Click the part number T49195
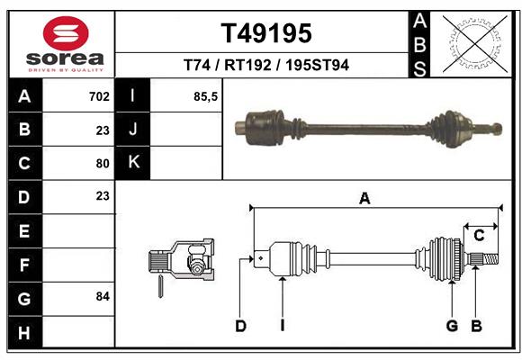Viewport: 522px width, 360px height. [x=266, y=34]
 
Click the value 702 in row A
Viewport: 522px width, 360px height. [x=99, y=96]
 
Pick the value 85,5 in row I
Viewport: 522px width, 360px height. [x=206, y=96]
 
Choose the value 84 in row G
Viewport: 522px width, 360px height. [x=102, y=296]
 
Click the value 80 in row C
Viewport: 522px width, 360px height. [x=102, y=163]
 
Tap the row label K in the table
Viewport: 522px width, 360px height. [x=133, y=162]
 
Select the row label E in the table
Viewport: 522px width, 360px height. [x=24, y=230]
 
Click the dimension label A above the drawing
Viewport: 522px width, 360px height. [x=364, y=199]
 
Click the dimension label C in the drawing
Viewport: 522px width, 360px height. [x=480, y=236]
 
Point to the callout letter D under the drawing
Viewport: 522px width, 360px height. [x=240, y=326]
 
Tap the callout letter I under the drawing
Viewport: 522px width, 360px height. [x=282, y=326]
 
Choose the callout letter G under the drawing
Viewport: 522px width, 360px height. [x=452, y=326]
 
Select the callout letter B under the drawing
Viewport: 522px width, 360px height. [x=477, y=326]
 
